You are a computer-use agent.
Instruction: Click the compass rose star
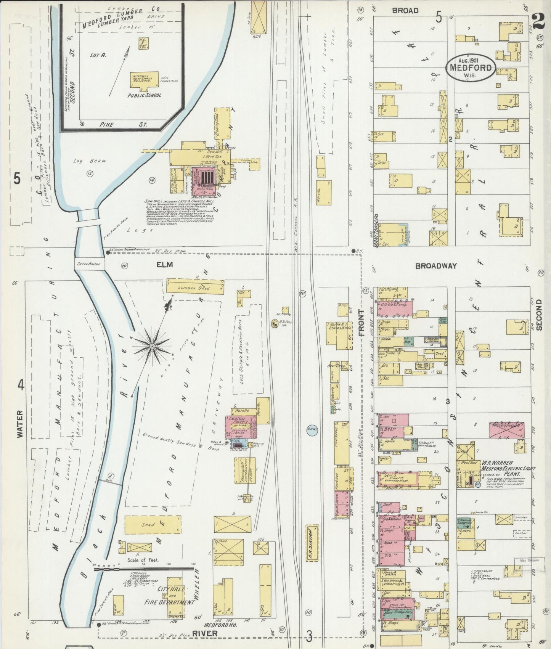152,346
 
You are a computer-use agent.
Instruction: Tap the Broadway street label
436,266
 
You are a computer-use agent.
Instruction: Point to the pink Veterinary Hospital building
506,430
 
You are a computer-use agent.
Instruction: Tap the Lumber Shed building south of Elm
195,287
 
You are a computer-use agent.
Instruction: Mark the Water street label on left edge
20,423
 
